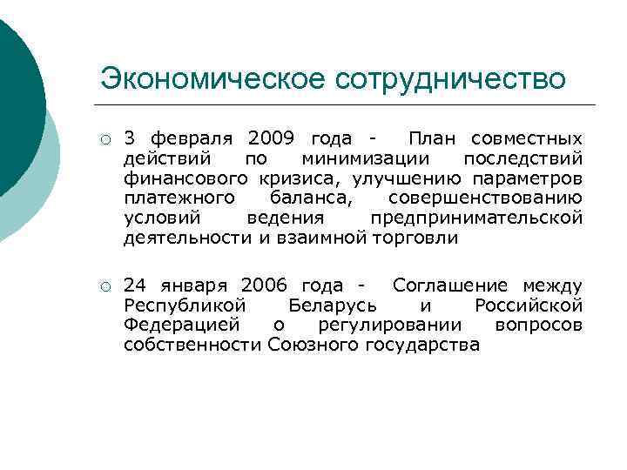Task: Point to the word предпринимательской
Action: (x=476, y=218)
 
